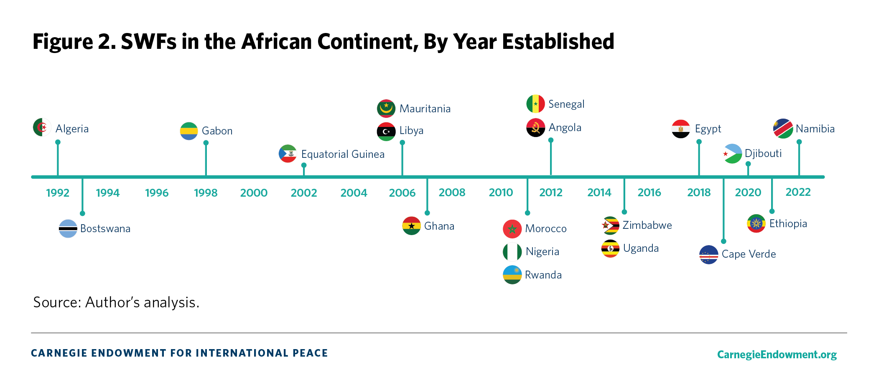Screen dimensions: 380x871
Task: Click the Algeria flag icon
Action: click(x=42, y=127)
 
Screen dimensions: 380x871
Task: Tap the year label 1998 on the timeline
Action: click(x=206, y=193)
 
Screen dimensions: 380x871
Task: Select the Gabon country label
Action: click(x=217, y=131)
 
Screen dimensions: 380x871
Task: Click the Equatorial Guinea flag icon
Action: click(x=288, y=154)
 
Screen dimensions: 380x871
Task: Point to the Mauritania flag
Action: click(x=386, y=109)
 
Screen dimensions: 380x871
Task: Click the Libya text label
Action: click(x=411, y=131)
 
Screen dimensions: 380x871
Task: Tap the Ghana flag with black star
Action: click(x=412, y=226)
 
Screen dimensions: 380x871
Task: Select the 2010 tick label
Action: click(x=501, y=193)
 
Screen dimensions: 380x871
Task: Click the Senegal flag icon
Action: click(x=535, y=104)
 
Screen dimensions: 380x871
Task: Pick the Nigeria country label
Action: click(x=542, y=251)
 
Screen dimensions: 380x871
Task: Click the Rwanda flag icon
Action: click(x=512, y=275)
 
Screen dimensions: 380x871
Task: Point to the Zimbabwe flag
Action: click(x=610, y=225)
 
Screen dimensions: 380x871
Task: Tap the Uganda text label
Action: click(x=641, y=248)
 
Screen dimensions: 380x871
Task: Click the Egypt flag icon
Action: click(x=681, y=129)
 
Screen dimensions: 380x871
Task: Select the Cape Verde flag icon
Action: click(x=709, y=255)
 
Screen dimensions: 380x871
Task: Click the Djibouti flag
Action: click(x=733, y=154)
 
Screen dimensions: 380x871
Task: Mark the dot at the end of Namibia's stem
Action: click(x=799, y=142)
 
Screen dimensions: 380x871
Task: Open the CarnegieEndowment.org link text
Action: click(x=777, y=355)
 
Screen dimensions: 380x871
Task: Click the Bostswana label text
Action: click(x=105, y=229)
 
